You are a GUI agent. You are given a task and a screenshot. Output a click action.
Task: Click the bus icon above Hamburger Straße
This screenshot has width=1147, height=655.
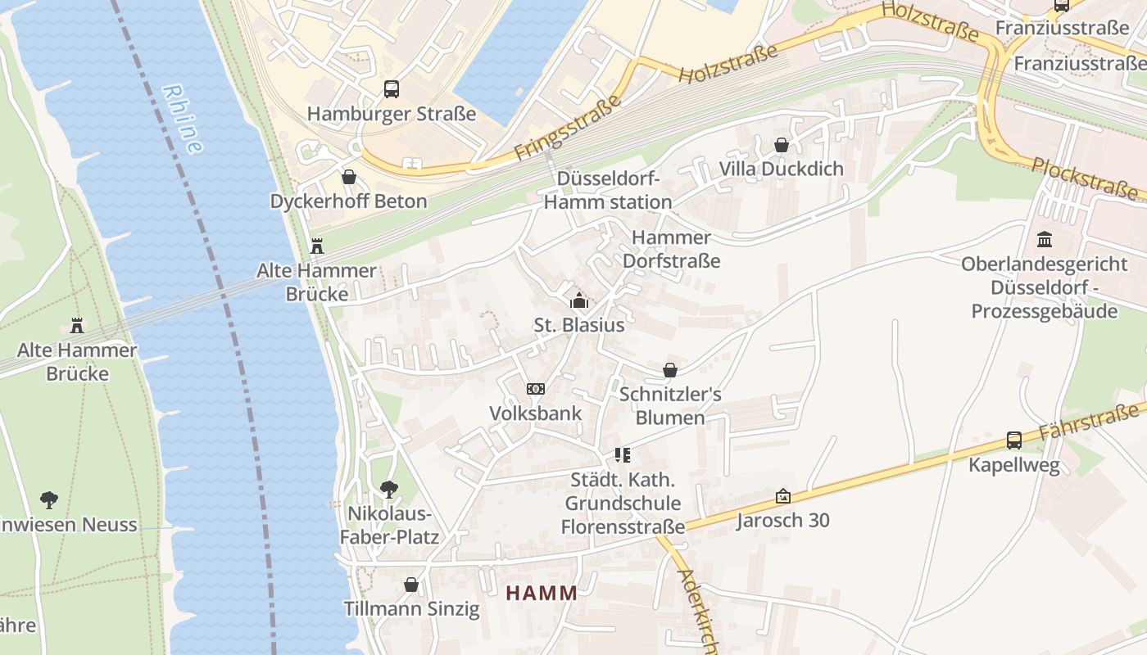(392, 89)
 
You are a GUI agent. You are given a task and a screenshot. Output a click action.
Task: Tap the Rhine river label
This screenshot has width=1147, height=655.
(183, 119)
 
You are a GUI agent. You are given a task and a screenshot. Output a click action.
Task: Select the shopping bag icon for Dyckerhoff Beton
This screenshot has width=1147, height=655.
(349, 177)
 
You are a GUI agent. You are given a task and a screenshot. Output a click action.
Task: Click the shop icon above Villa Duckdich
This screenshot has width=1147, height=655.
(782, 145)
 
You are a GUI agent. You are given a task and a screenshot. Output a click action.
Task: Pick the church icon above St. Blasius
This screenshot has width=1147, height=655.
(579, 300)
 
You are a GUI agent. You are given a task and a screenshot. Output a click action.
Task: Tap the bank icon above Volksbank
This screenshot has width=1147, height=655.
(536, 388)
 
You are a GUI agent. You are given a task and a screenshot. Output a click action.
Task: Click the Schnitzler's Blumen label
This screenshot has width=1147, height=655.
(670, 406)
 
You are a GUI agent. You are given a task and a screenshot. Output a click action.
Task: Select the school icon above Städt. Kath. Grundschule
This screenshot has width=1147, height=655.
(622, 454)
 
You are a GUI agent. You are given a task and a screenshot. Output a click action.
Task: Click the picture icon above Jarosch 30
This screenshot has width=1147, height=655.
(783, 496)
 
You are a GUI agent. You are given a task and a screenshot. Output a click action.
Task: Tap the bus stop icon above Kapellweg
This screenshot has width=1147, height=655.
(1014, 440)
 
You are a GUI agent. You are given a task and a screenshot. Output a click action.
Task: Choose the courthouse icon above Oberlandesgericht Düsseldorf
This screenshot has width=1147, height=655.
(1045, 240)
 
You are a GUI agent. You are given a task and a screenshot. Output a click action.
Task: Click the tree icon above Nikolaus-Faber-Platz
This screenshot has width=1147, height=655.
(389, 490)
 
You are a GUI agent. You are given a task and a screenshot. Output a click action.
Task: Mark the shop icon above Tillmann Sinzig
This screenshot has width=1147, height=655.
(411, 585)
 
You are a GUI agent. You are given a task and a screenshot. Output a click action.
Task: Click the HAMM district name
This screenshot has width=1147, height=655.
(542, 593)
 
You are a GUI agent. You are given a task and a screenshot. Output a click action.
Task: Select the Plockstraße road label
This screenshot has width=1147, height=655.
(1085, 178)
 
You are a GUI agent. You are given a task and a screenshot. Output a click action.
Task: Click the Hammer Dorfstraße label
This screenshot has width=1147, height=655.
(672, 249)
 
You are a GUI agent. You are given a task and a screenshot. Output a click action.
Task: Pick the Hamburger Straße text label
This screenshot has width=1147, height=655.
(392, 114)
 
